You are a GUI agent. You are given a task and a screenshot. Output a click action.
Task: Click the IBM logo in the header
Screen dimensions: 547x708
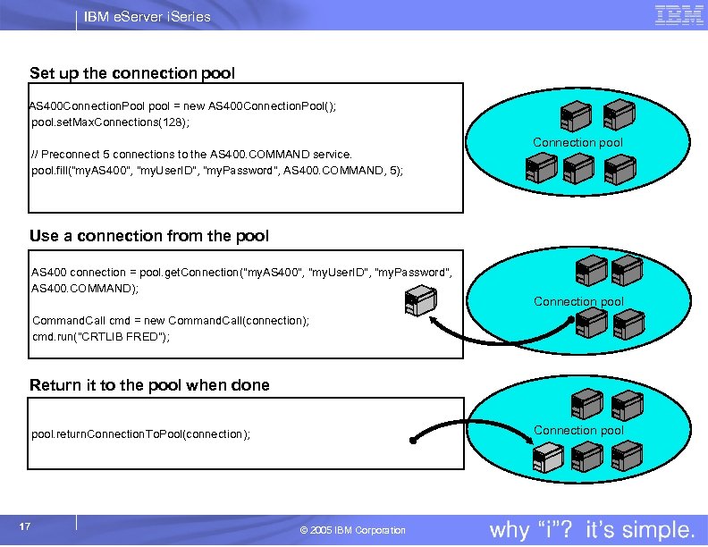[x=679, y=15]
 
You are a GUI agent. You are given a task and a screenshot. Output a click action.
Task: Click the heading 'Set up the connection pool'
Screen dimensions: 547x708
[x=132, y=72]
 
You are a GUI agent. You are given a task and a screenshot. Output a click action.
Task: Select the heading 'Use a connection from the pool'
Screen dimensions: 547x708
[x=149, y=236]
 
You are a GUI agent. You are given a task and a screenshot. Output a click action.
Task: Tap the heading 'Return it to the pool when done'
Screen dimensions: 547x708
[x=149, y=385]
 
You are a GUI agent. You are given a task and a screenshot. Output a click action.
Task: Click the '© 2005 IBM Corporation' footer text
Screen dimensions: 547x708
[x=353, y=530]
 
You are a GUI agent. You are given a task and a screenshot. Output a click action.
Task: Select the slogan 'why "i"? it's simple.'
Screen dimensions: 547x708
[x=593, y=529]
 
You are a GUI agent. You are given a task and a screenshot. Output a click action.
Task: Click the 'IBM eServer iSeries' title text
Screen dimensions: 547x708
[x=147, y=16]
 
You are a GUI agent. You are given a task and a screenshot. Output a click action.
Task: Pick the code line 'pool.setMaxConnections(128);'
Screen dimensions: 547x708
[x=111, y=122]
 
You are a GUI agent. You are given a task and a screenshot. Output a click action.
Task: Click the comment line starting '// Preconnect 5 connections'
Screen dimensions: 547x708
[x=192, y=154]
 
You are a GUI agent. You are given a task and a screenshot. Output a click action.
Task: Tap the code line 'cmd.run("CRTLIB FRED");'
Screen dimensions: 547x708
[x=101, y=337]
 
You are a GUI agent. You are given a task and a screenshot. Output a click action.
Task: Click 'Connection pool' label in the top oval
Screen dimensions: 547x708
[x=577, y=142]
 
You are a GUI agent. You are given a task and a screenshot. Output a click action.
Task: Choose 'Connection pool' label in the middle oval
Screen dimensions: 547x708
[x=578, y=301]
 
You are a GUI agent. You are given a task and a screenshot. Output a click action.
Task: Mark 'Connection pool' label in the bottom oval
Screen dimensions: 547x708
[x=578, y=430]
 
